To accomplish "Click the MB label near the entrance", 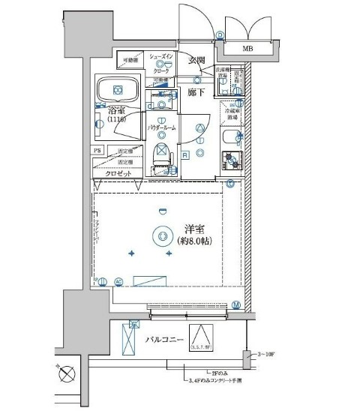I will (246, 49).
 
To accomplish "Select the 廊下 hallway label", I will (197, 91).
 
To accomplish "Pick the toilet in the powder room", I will (160, 154).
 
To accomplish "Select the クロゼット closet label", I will (118, 173).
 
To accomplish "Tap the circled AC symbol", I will (118, 282).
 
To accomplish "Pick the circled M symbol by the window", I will (235, 304).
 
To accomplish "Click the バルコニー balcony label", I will (166, 340).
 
